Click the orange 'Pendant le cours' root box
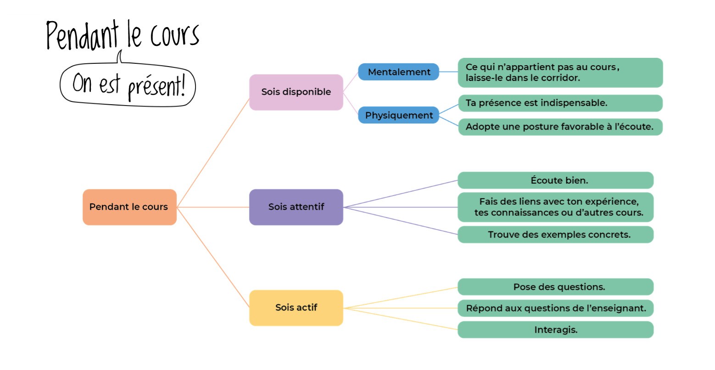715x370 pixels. pyautogui.click(x=129, y=207)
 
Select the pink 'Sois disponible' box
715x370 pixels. pyautogui.click(x=296, y=92)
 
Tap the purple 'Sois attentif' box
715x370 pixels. pyautogui.click(x=296, y=207)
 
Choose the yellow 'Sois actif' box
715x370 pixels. pyautogui.click(x=296, y=308)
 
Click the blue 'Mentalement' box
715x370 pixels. pyautogui.click(x=399, y=72)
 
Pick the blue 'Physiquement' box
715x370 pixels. pyautogui.click(x=399, y=115)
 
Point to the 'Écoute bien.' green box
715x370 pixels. pyautogui.click(x=555, y=180)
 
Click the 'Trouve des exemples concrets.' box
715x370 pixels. pyautogui.click(x=555, y=235)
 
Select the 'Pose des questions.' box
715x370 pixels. pyautogui.click(x=555, y=287)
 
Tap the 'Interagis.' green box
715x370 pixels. pyautogui.click(x=555, y=330)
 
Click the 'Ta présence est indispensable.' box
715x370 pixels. pyautogui.click(x=560, y=103)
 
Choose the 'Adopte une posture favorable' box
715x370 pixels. pyautogui.click(x=560, y=127)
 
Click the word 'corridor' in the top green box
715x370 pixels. pyautogui.click(x=560, y=78)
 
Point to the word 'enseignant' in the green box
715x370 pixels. pyautogui.click(x=620, y=308)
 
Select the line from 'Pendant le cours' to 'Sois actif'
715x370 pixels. pyautogui.click(x=213, y=258)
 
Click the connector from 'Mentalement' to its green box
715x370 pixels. pyautogui.click(x=448, y=72)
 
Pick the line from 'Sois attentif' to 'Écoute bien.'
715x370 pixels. pyautogui.click(x=401, y=194)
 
